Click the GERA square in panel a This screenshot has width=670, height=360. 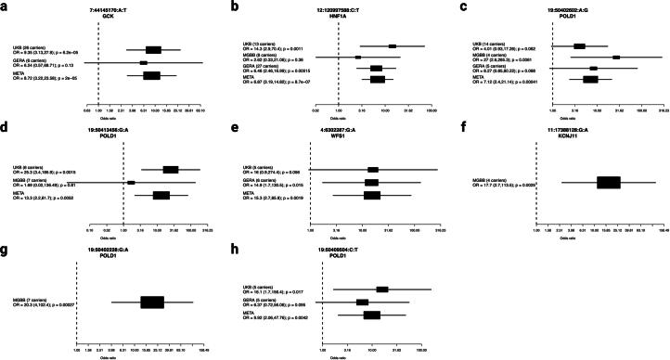(x=144, y=63)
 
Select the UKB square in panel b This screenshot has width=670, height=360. (x=393, y=45)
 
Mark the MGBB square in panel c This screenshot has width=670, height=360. (x=615, y=57)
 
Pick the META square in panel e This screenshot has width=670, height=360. (x=372, y=196)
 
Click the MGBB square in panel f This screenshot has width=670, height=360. (x=608, y=183)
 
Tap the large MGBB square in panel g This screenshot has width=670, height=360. (x=152, y=302)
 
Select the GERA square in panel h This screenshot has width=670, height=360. (x=363, y=302)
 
